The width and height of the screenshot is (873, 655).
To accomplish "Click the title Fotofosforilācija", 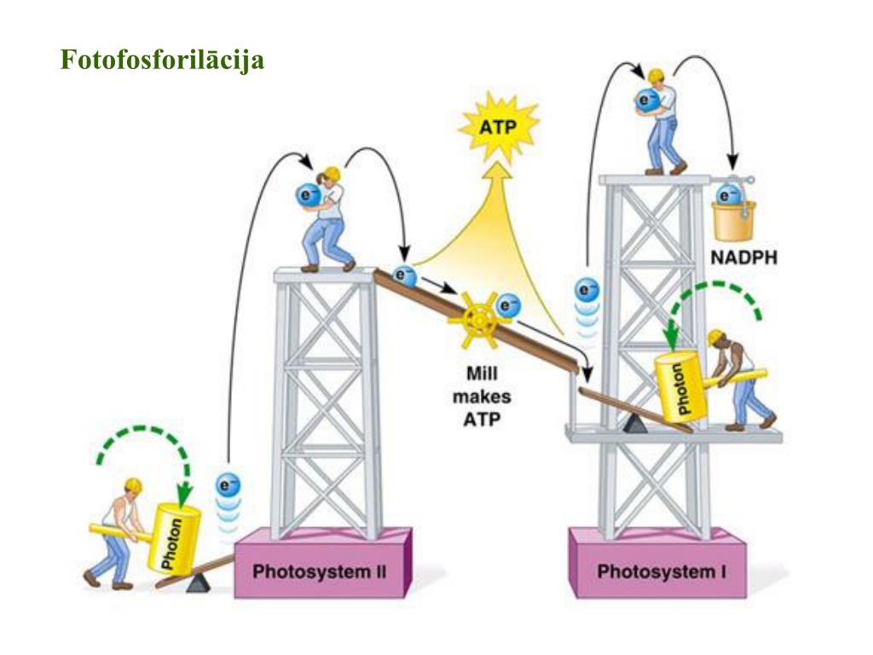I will (162, 61).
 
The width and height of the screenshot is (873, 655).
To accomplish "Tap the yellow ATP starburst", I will (499, 129).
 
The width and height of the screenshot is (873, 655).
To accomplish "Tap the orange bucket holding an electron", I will (734, 217).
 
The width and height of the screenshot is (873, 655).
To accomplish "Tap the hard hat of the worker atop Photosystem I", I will (655, 75).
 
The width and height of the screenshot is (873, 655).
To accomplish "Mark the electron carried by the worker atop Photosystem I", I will (649, 101).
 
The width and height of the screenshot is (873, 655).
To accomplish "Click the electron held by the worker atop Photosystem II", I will (308, 195).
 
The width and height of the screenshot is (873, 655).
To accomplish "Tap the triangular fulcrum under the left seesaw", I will (199, 583).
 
